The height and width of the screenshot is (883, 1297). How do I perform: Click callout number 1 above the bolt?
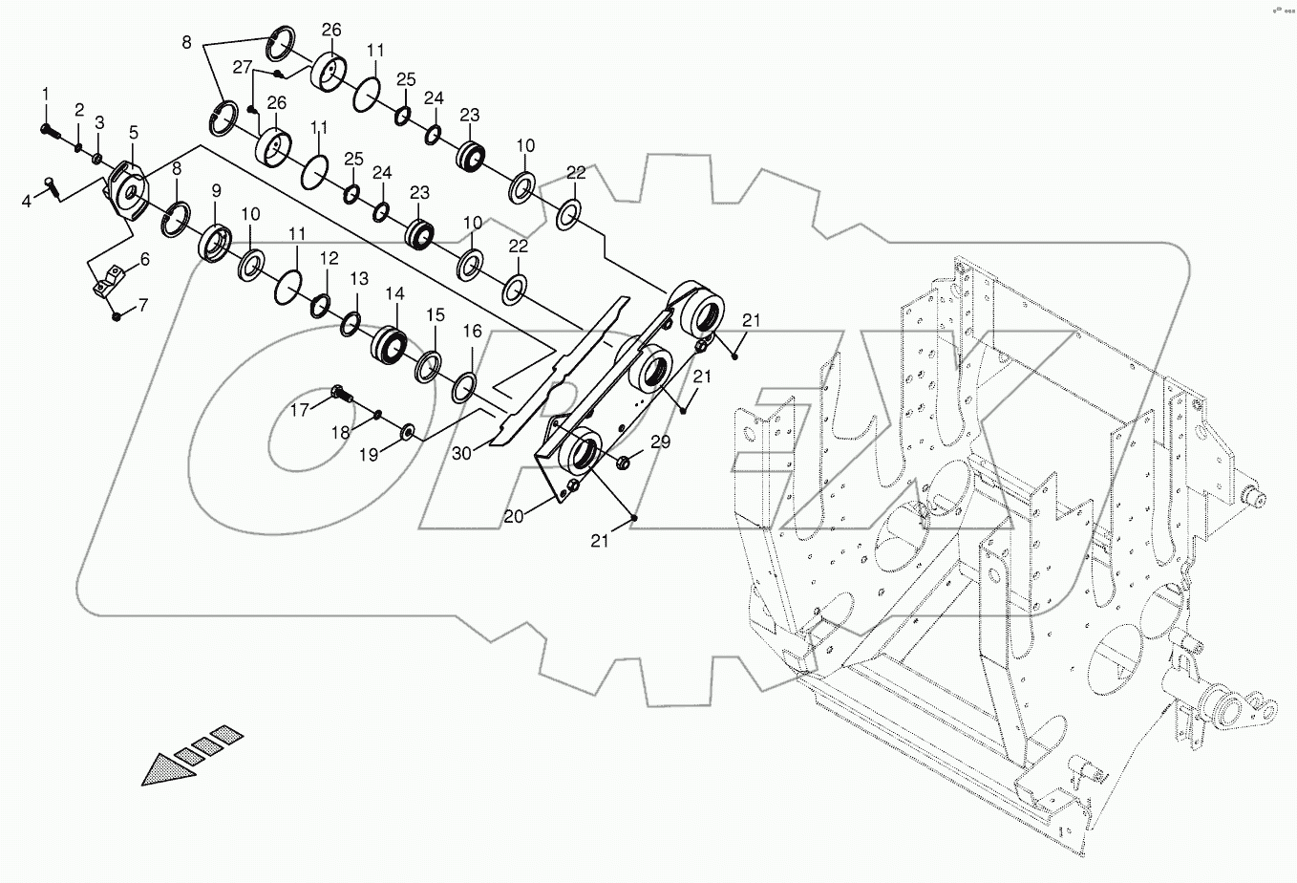point(44,93)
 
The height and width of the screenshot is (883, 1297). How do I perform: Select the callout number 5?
point(133,133)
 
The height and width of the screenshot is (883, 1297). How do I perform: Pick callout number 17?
point(300,410)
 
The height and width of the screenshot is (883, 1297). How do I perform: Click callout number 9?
point(216,191)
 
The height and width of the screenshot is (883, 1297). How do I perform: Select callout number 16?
point(473,332)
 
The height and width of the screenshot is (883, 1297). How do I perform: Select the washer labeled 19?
point(408,434)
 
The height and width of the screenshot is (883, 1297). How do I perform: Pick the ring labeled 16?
point(464,386)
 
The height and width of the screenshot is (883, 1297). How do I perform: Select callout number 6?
point(144,260)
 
